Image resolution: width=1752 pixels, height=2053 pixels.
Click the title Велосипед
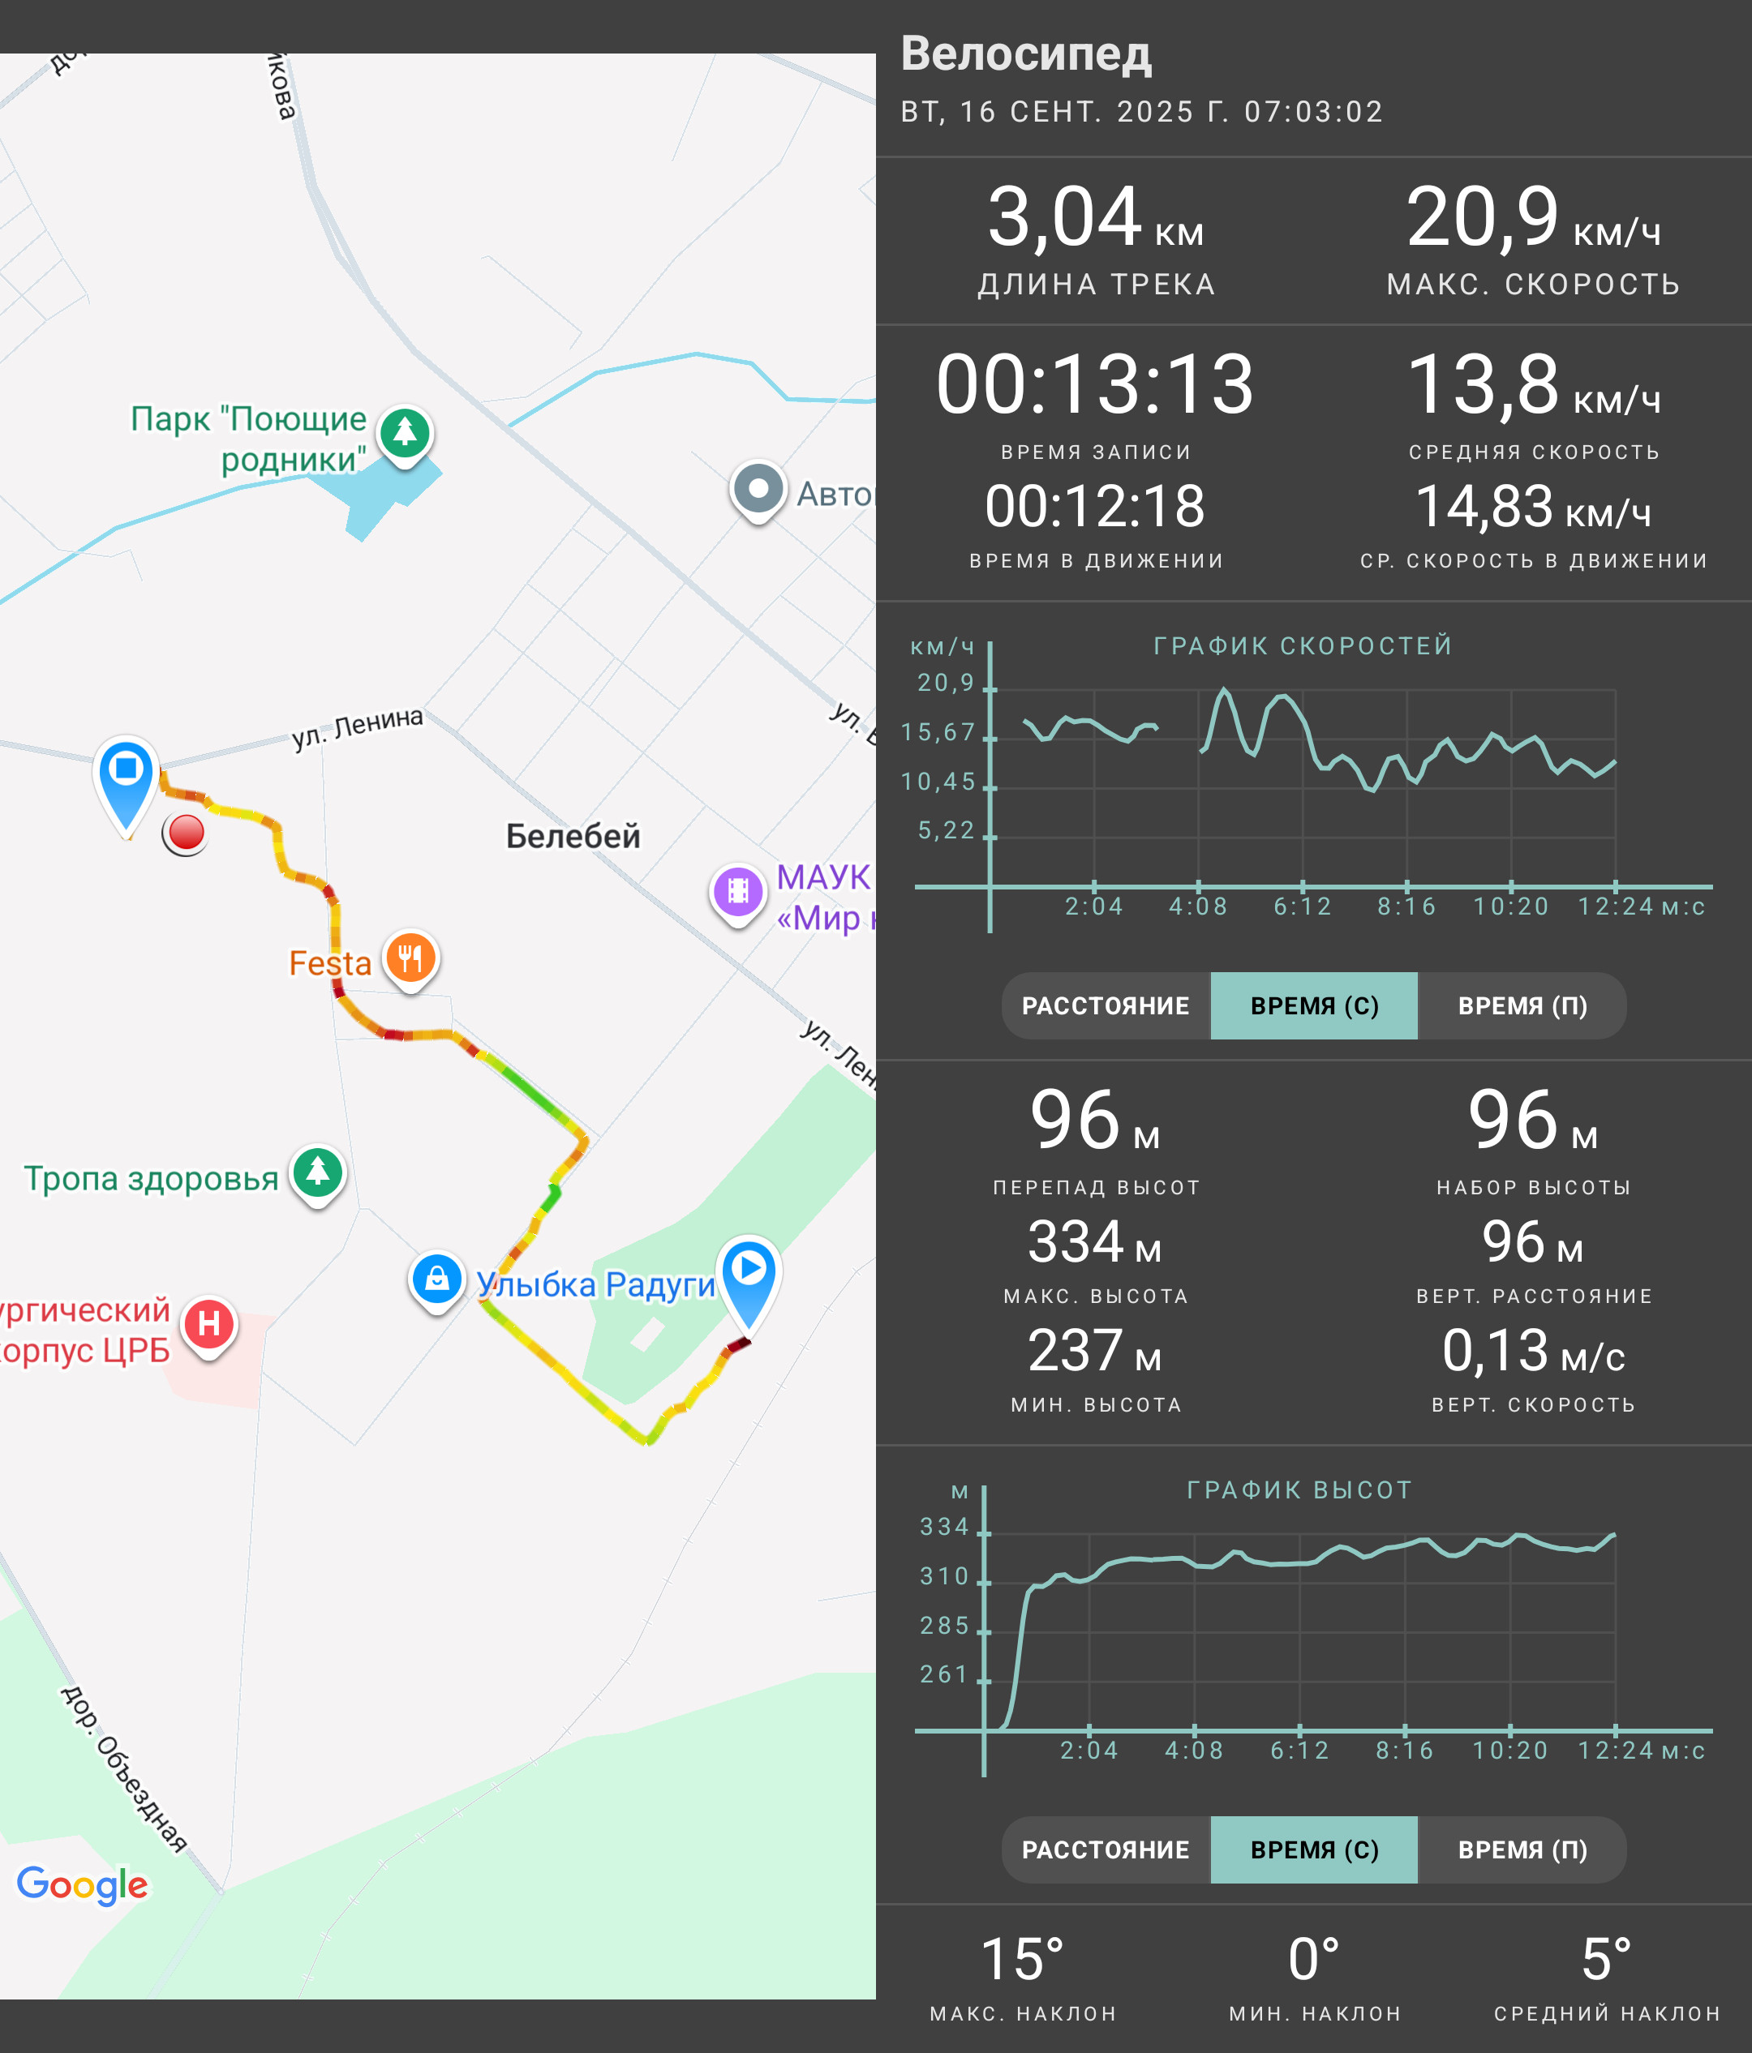tap(1025, 54)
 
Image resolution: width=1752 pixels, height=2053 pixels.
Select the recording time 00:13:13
tap(1095, 384)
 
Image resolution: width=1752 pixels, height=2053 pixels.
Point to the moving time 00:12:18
tap(1095, 506)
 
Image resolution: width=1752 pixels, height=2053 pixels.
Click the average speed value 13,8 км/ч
tap(1533, 384)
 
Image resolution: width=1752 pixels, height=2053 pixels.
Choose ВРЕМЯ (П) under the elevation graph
tap(1522, 1849)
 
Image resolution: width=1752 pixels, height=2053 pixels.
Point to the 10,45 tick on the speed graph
tap(938, 782)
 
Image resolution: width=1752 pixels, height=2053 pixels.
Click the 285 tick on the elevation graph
tap(944, 1626)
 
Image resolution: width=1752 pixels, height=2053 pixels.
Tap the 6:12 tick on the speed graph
tap(1302, 906)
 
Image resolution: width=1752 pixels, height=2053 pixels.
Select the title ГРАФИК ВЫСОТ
tap(1299, 1490)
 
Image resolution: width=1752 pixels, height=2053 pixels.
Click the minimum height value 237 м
tap(1095, 1351)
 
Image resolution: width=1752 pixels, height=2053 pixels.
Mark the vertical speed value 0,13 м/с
tap(1533, 1351)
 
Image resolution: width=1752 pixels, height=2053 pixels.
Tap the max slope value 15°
tap(1023, 1960)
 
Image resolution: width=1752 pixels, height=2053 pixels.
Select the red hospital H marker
tap(209, 1326)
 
